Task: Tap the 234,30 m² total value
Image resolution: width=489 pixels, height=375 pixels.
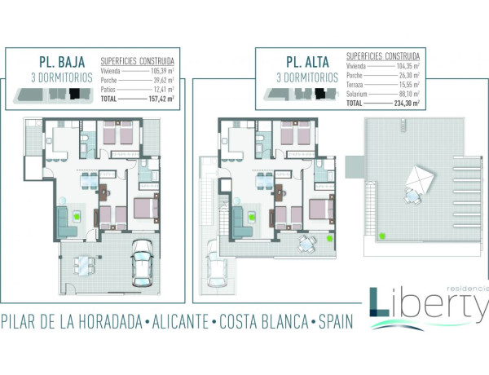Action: tap(403, 104)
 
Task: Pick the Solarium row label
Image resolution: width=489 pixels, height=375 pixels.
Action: tap(359, 94)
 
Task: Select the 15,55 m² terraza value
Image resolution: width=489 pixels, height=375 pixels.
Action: tap(407, 85)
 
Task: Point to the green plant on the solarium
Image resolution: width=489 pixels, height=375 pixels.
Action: tap(381, 237)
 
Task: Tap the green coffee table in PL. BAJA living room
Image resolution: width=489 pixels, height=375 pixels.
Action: tap(76, 217)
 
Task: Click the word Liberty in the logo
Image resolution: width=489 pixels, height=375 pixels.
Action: tap(433, 307)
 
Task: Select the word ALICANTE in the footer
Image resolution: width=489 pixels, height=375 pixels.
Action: tap(175, 321)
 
